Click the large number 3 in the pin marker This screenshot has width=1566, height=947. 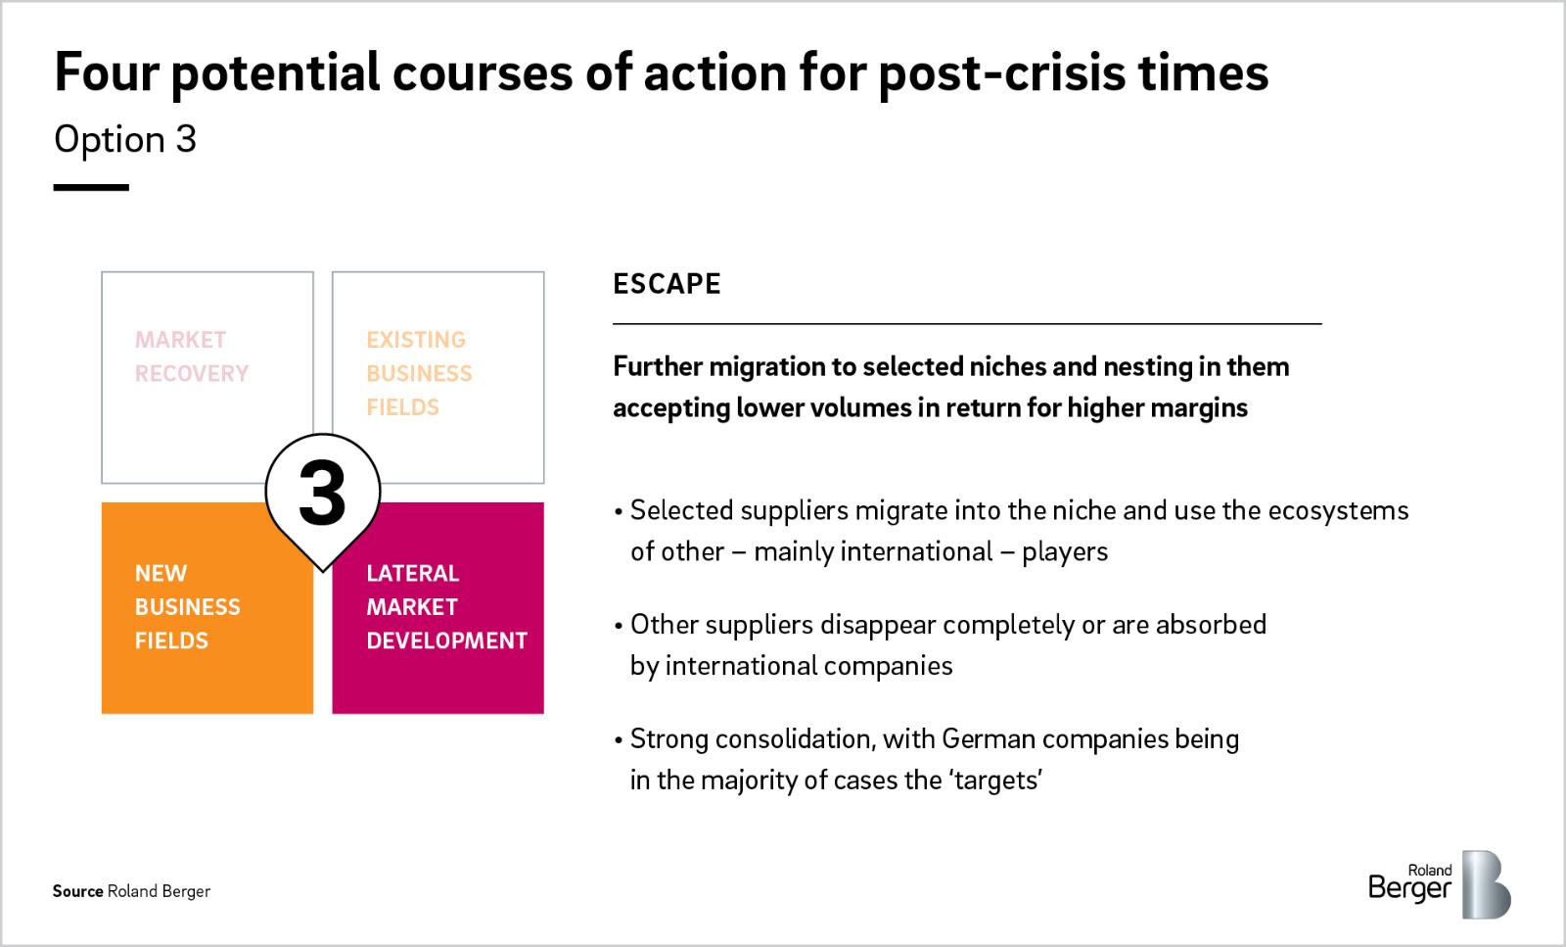pyautogui.click(x=322, y=493)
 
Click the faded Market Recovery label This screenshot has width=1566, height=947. pyautogui.click(x=192, y=356)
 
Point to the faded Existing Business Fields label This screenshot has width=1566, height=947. pyautogui.click(x=420, y=373)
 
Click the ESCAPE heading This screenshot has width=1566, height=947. pyautogui.click(x=667, y=284)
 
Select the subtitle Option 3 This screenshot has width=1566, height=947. pyautogui.click(x=125, y=139)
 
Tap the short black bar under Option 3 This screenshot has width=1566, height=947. pyautogui.click(x=91, y=187)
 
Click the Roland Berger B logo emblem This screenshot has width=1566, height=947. pyautogui.click(x=1487, y=884)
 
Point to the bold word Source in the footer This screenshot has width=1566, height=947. pyautogui.click(x=77, y=891)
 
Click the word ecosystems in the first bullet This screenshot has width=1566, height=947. pyautogui.click(x=1338, y=510)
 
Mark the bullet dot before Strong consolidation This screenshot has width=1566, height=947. pyautogui.click(x=618, y=740)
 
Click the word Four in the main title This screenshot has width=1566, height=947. pyautogui.click(x=107, y=72)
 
